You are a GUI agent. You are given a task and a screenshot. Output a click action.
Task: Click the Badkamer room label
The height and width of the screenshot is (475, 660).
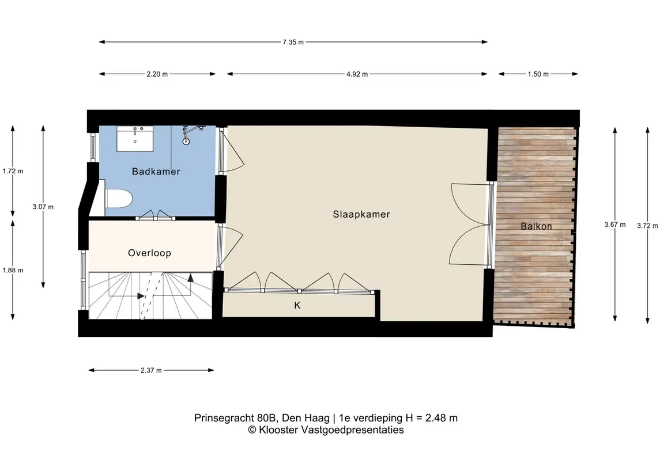point(156,172)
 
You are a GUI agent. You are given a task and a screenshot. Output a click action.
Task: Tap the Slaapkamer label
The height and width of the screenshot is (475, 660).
point(361,214)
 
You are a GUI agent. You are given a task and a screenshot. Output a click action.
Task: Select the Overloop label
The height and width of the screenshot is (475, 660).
point(149,253)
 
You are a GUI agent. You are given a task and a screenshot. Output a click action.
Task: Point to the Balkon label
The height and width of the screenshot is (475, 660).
point(536,226)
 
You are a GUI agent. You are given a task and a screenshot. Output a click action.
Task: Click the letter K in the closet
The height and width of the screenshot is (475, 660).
point(297,306)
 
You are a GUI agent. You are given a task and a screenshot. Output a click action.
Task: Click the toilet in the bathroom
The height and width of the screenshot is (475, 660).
point(118,198)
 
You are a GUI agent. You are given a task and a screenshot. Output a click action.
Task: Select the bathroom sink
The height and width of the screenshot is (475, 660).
point(135,138)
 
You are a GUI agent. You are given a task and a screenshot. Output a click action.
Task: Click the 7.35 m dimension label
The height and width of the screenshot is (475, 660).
point(293,42)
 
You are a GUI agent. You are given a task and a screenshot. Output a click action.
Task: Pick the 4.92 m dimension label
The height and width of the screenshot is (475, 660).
point(357,74)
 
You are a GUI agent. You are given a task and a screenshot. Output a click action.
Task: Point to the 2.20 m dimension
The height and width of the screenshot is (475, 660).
point(157,74)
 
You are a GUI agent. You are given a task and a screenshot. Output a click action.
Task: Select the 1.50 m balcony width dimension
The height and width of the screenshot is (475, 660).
point(538,74)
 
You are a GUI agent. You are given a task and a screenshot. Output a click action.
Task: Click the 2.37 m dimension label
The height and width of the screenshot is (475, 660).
point(151,370)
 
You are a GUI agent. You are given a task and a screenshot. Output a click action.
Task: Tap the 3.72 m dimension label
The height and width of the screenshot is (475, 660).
point(647,226)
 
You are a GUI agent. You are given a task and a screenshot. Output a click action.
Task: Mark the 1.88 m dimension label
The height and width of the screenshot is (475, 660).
point(13,270)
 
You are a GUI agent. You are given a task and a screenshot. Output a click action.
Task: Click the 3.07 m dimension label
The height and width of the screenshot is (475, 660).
point(43,207)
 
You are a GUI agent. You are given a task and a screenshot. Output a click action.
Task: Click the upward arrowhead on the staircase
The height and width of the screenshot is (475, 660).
point(191,278)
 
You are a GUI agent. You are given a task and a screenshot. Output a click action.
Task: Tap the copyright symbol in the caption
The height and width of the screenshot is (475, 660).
point(252,430)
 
